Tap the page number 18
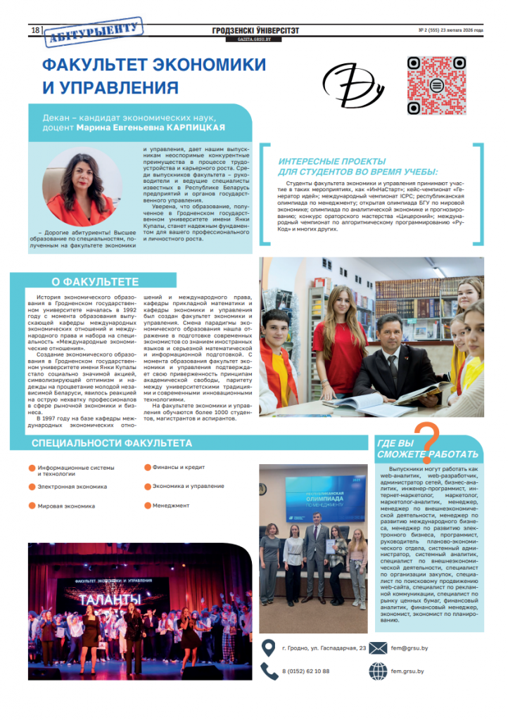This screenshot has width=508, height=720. click(34, 30)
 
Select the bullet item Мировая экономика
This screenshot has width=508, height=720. click(67, 506)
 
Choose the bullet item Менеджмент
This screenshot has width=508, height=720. click(171, 505)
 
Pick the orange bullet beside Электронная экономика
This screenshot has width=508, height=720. click(32, 487)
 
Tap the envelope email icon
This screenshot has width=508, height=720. click(378, 648)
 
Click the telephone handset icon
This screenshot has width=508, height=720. click(269, 671)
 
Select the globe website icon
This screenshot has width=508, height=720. click(378, 671)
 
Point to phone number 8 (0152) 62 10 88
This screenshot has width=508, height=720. click(306, 671)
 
